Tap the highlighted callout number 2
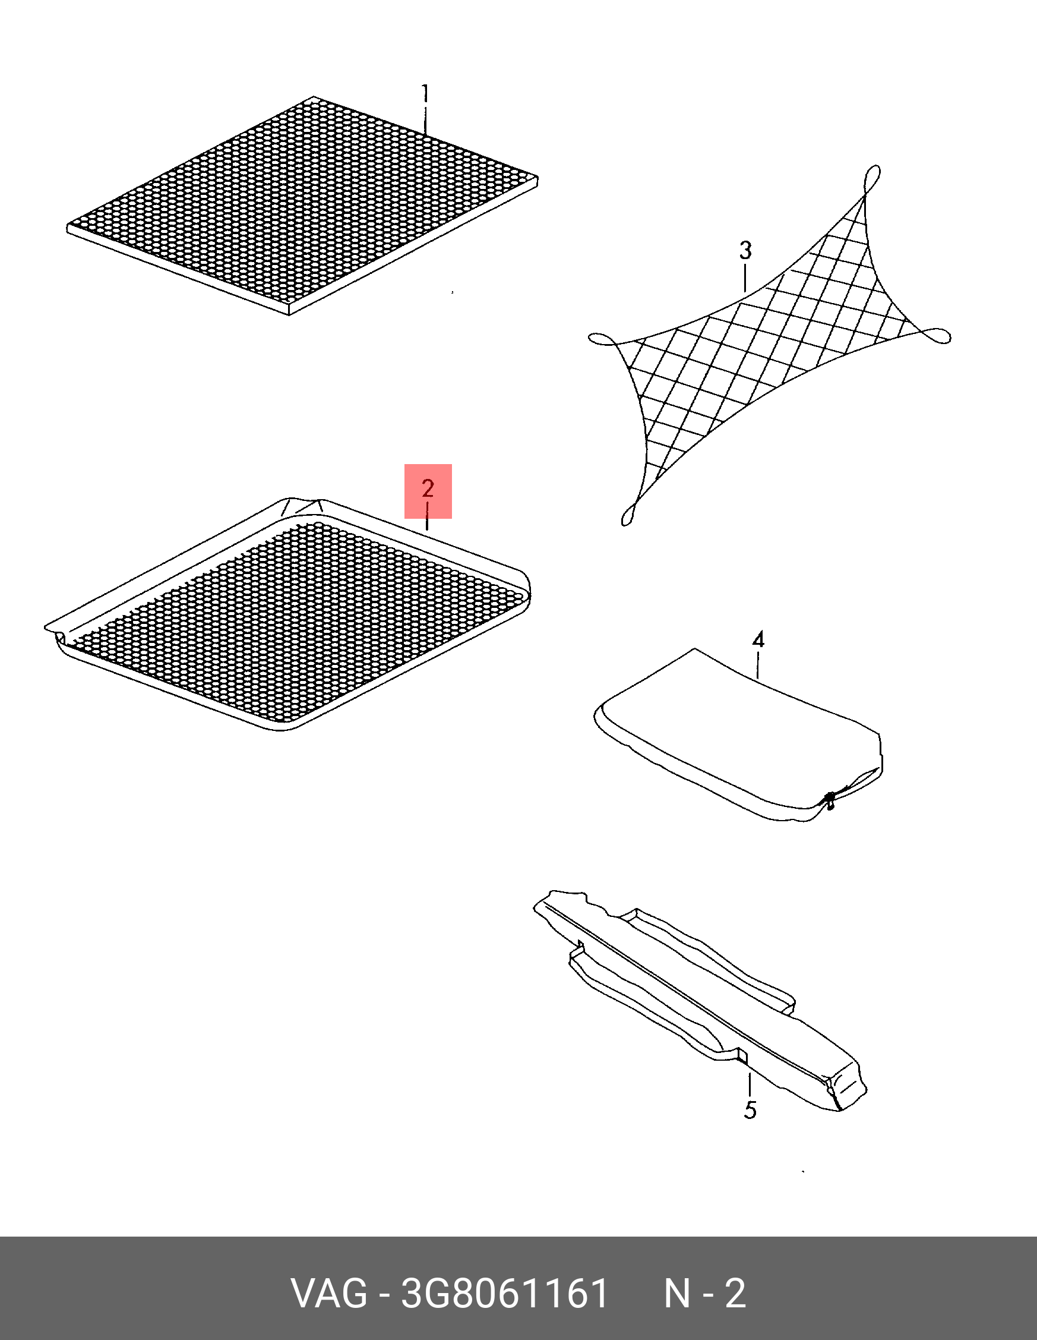(428, 488)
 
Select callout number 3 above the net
(745, 250)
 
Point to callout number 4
(758, 640)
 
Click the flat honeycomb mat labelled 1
(302, 206)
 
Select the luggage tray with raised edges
(288, 614)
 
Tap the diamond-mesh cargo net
(769, 345)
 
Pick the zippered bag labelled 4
(739, 734)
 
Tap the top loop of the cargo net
(872, 179)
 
